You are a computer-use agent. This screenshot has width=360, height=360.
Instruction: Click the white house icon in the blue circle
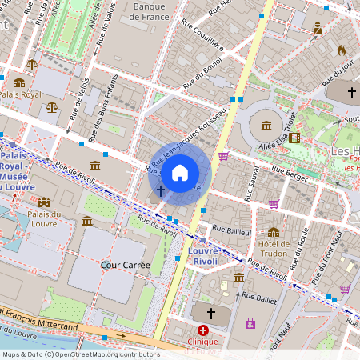pyautogui.click(x=180, y=172)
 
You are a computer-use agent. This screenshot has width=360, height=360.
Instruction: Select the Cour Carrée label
pyautogui.click(x=122, y=263)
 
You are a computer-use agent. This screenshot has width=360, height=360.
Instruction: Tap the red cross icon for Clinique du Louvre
pyautogui.click(x=203, y=330)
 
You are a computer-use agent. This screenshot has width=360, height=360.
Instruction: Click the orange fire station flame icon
pyautogui.click(x=341, y=50)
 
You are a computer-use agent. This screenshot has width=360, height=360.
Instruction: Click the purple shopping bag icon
pyautogui.click(x=251, y=323)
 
